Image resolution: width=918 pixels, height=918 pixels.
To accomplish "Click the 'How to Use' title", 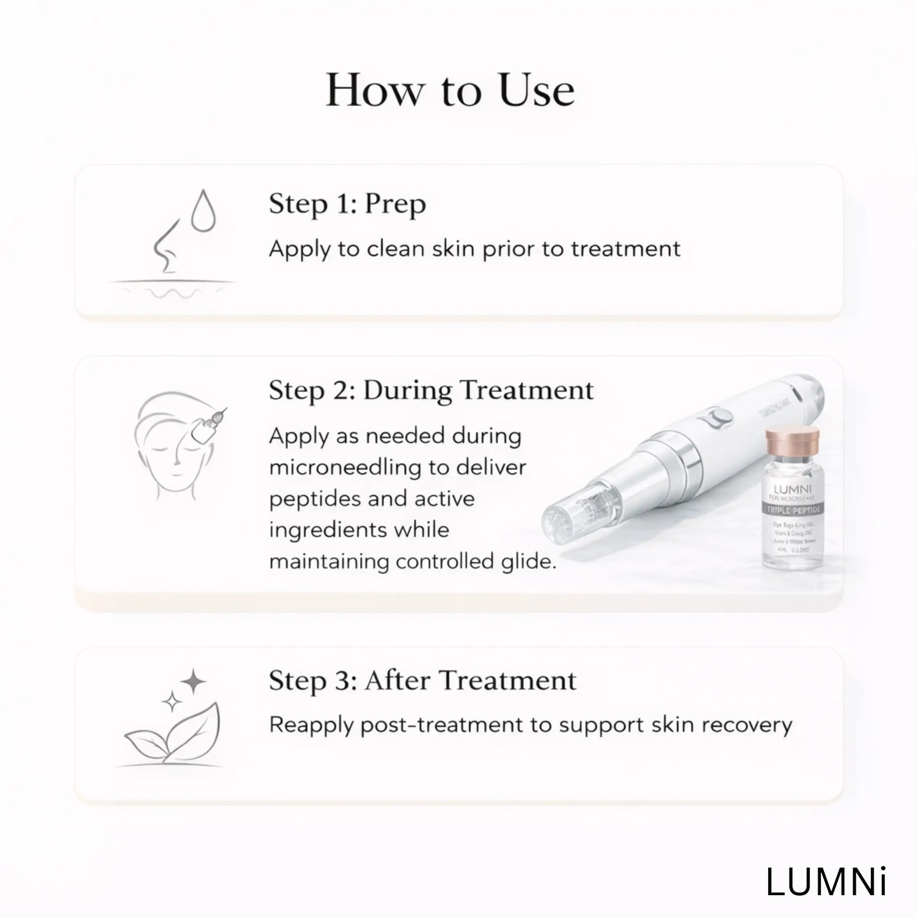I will [x=450, y=90].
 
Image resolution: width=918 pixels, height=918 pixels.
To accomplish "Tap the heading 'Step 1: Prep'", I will [x=347, y=205].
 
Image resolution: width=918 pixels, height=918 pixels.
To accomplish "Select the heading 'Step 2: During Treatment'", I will [x=431, y=390].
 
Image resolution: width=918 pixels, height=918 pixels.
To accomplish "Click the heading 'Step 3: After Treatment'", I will [x=422, y=680].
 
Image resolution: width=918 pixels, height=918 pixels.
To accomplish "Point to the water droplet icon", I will [x=204, y=211].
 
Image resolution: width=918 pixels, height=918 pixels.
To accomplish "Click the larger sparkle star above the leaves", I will [x=193, y=682].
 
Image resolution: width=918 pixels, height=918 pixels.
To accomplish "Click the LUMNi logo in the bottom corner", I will [x=826, y=882].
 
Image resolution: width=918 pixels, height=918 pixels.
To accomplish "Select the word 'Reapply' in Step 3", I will [x=311, y=726].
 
